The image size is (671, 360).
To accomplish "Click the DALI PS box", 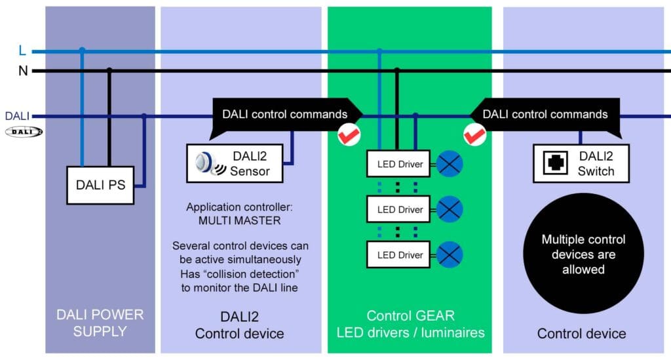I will [100, 185].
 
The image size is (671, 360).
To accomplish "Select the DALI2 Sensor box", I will [237, 163].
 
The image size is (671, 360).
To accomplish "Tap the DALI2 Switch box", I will [581, 163].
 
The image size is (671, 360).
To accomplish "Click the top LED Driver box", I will [400, 164].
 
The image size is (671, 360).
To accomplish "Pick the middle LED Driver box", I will [400, 209].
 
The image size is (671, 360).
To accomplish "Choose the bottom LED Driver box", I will [400, 254].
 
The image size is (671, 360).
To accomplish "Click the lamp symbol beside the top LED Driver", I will [450, 164].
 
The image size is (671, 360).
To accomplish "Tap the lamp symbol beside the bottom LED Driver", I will [450, 254].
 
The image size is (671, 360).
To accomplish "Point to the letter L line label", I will [22, 50].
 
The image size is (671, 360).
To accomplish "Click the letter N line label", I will [23, 70].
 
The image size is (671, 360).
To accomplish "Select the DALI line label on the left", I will [18, 116].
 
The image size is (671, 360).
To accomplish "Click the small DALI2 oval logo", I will [24, 132].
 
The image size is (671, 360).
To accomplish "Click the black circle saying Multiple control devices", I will [583, 254].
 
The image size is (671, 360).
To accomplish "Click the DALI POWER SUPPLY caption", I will [100, 323].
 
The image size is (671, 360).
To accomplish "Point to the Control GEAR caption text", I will [410, 316].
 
